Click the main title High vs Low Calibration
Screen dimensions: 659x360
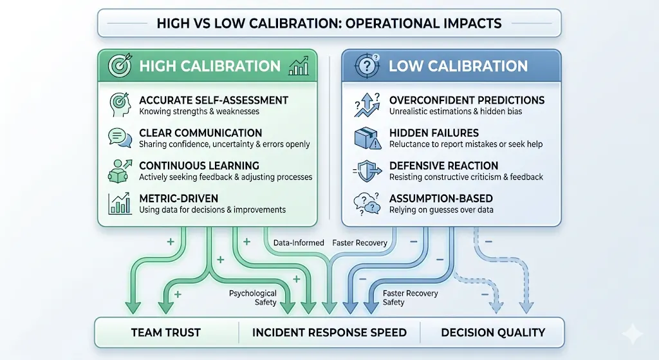click(329, 23)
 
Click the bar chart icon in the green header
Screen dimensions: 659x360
click(299, 66)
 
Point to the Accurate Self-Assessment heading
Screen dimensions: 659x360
click(214, 100)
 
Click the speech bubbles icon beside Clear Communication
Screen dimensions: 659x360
click(119, 138)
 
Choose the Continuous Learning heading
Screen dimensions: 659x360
click(199, 166)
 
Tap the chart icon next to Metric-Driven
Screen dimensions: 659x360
click(119, 204)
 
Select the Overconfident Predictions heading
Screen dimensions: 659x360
click(467, 100)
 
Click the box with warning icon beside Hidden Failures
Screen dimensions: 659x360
click(367, 138)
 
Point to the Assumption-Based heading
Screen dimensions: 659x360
click(441, 198)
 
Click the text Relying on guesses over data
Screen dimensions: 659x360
click(441, 209)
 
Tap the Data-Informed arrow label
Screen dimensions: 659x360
click(299, 243)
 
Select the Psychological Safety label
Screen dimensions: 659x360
click(252, 298)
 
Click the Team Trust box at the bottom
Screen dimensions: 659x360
click(166, 333)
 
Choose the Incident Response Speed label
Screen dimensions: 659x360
click(329, 333)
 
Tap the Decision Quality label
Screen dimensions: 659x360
click(493, 333)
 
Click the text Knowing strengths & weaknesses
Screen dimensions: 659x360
click(200, 111)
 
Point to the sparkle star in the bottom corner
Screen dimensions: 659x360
click(632, 334)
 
